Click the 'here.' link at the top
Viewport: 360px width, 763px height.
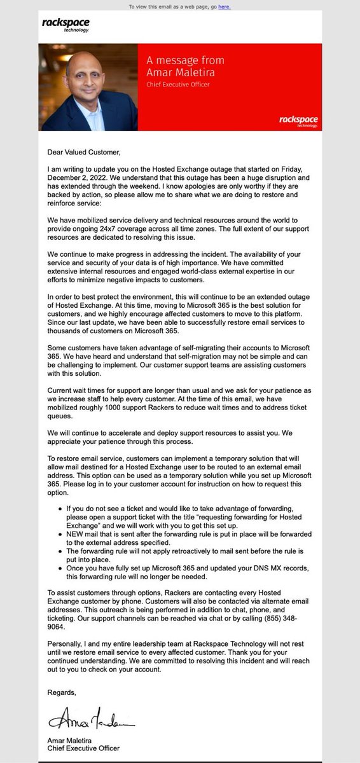(225, 7)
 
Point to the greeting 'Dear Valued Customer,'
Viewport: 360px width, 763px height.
(83, 152)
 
